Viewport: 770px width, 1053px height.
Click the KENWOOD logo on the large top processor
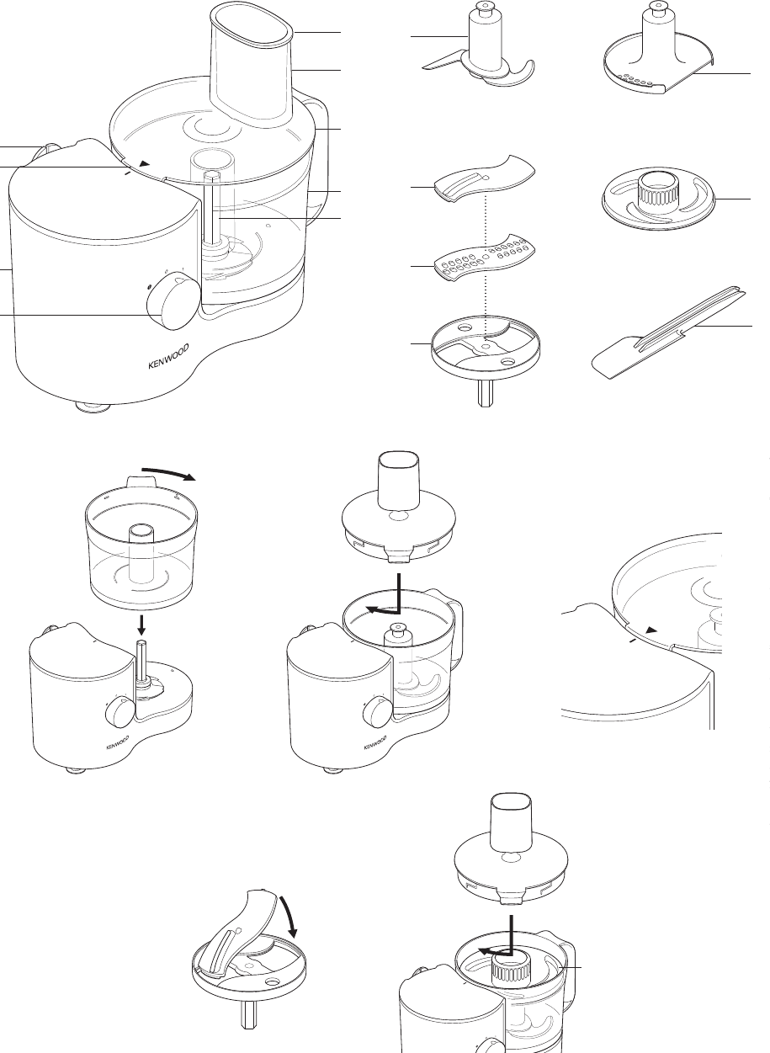169,356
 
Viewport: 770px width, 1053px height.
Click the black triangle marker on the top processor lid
145,163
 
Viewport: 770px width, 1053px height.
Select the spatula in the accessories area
668,332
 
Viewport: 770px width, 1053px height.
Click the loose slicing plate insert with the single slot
484,178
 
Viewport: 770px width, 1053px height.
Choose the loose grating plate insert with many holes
484,258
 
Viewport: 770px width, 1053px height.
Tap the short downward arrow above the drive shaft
141,624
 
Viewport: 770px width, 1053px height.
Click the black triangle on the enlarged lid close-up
651,630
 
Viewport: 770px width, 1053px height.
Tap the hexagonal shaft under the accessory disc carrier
485,392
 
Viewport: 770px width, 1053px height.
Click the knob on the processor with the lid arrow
375,711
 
